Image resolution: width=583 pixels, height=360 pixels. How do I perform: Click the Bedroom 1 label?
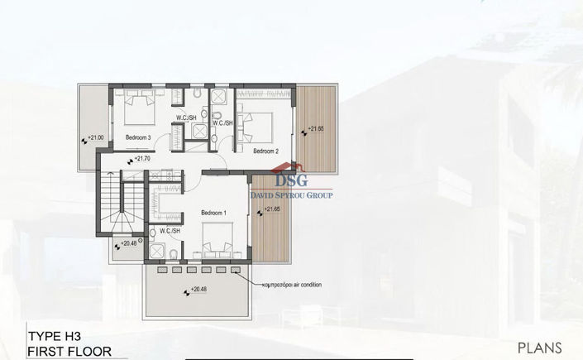click(x=213, y=214)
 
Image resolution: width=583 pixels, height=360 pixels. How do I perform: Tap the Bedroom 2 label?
click(x=265, y=151)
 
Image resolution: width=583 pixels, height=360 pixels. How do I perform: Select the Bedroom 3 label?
click(x=137, y=137)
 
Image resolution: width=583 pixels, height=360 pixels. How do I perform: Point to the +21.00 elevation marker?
click(x=96, y=137)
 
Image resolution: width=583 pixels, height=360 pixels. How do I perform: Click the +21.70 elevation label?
click(x=141, y=159)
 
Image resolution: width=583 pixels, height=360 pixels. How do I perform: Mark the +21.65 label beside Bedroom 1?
click(x=275, y=209)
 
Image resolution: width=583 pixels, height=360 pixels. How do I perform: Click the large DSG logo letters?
click(x=290, y=180)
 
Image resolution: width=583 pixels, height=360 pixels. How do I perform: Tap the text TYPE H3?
click(x=55, y=337)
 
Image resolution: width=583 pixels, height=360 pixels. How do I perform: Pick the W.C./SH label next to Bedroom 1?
click(x=170, y=231)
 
